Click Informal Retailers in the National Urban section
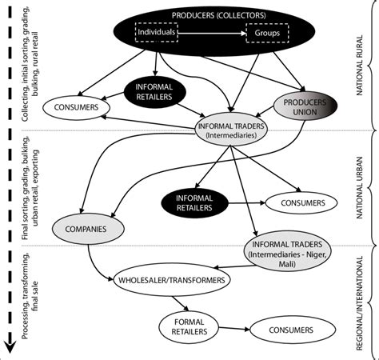[194, 201]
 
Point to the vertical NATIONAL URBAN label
[365, 186]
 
